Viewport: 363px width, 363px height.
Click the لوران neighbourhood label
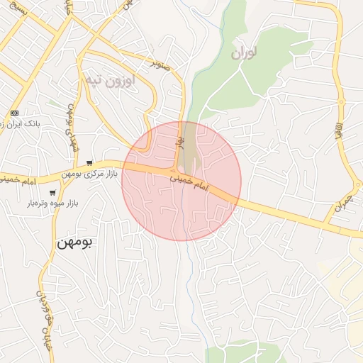[x=245, y=52]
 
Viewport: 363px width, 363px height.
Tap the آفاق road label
[x=346, y=127]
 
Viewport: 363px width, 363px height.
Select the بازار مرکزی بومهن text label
[x=88, y=173]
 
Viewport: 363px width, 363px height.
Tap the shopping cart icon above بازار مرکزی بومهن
[x=89, y=162]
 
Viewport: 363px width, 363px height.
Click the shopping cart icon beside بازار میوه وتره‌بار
[x=52, y=192]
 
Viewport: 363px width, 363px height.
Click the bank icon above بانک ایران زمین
[x=14, y=113]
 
